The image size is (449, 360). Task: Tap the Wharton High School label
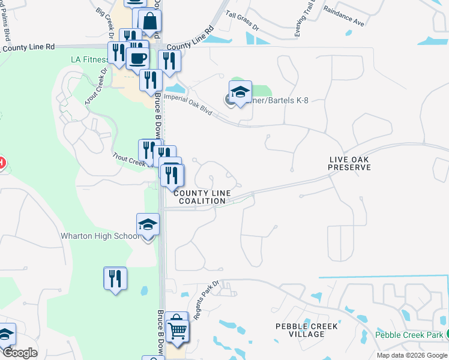point(100,236)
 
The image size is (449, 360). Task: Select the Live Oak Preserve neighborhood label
point(349,163)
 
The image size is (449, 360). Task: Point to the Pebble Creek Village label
point(306,330)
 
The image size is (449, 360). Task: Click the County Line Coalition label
point(202,197)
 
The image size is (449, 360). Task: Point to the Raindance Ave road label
point(343,16)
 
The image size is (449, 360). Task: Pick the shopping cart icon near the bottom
point(178,329)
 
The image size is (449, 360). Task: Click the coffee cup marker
point(137,59)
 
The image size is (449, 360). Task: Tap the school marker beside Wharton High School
point(148,226)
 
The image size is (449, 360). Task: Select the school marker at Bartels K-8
point(240,92)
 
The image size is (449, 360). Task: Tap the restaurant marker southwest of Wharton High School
point(115,278)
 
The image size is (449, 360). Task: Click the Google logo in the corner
point(19,353)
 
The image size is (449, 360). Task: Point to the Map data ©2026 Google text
point(412,355)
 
